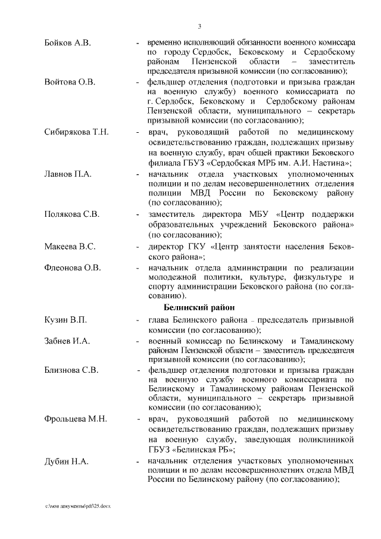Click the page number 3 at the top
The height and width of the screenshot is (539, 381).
[x=199, y=26]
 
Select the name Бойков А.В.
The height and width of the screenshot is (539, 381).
[x=67, y=43]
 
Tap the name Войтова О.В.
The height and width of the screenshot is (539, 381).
[x=70, y=82]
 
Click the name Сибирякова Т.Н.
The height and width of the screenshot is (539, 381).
[x=76, y=132]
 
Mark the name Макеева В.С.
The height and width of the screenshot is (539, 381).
[x=70, y=246]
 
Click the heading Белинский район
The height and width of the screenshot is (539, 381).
[x=201, y=307]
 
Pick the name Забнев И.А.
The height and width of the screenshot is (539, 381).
[x=67, y=341]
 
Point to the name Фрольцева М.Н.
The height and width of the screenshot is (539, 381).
[x=76, y=419]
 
